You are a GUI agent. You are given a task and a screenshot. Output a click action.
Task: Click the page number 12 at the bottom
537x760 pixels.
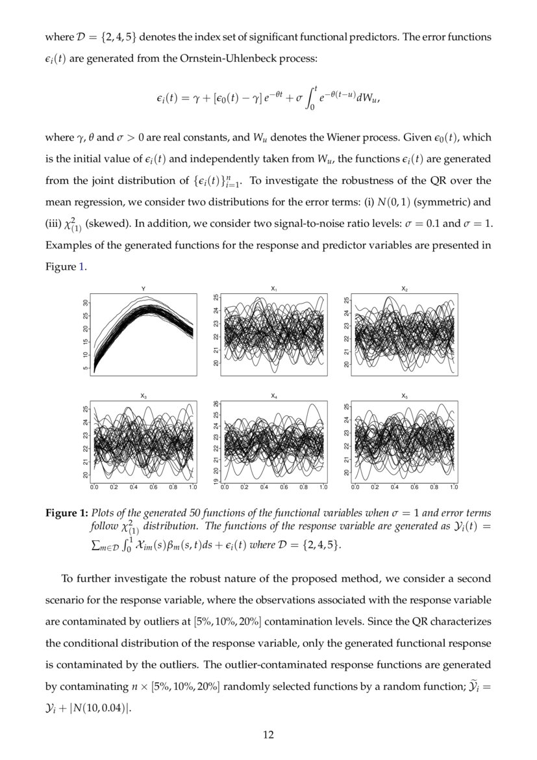pyautogui.click(x=268, y=735)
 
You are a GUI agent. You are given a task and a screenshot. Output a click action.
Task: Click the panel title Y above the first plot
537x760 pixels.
pyautogui.click(x=144, y=288)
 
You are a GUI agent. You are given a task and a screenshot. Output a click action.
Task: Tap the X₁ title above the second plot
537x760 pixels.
pyautogui.click(x=273, y=288)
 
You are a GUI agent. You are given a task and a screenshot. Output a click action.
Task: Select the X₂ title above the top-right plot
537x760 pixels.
pyautogui.click(x=405, y=288)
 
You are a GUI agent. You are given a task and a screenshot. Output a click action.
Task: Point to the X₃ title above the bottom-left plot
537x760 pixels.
pyautogui.click(x=144, y=395)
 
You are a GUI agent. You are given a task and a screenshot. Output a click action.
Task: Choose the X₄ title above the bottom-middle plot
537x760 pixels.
pyautogui.click(x=273, y=395)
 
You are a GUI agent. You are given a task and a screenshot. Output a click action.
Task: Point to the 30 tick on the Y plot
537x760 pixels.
pyautogui.click(x=85, y=303)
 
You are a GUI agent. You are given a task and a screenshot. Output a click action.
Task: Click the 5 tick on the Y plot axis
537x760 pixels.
pyautogui.click(x=85, y=369)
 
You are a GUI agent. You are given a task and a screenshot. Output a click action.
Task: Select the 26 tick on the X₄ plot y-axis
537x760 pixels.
pyautogui.click(x=216, y=404)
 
